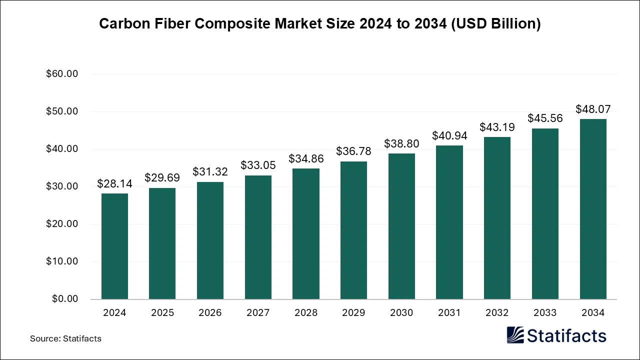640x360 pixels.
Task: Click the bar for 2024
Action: (x=114, y=246)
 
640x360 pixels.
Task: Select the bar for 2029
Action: (x=353, y=230)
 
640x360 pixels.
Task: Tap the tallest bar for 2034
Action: (x=593, y=209)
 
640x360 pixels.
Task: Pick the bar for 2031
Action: (x=449, y=222)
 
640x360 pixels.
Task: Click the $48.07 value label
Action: (x=593, y=109)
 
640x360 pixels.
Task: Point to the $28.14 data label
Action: (x=114, y=183)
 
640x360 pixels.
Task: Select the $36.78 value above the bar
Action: (x=353, y=151)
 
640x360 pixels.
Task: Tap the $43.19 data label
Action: (x=497, y=127)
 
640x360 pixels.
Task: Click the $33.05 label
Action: (x=258, y=165)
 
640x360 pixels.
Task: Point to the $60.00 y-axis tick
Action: (x=62, y=74)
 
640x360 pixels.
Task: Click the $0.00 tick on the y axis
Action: (x=64, y=299)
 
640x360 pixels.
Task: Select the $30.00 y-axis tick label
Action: (x=62, y=186)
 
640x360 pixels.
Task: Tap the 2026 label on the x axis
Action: (x=210, y=313)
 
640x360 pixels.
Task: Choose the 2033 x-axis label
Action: (x=545, y=313)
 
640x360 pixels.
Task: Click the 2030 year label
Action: (x=401, y=313)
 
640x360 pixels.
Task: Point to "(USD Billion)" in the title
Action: (x=496, y=24)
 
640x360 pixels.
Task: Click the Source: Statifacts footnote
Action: (x=65, y=338)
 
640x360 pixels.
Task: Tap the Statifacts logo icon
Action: (x=515, y=335)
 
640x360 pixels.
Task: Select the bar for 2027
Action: (x=258, y=237)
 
